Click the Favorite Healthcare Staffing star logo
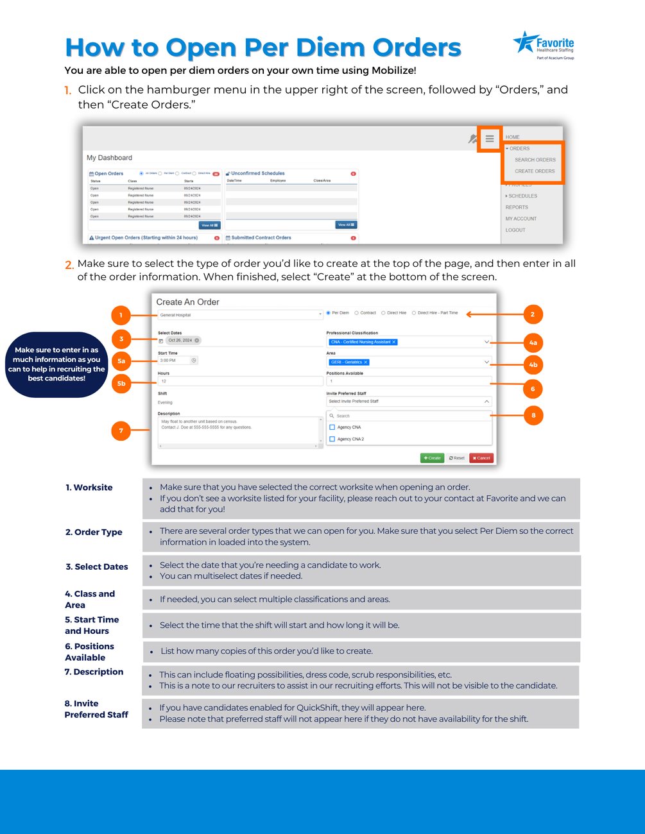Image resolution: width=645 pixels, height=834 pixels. pyautogui.click(x=525, y=43)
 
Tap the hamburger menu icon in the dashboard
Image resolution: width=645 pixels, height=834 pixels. pyautogui.click(x=489, y=139)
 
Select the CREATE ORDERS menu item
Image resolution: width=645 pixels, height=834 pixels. pyautogui.click(x=534, y=171)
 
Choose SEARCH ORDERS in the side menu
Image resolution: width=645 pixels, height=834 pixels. pyautogui.click(x=535, y=160)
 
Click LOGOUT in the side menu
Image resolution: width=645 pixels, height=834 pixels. pyautogui.click(x=515, y=230)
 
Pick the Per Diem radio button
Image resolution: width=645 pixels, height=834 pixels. pyautogui.click(x=329, y=313)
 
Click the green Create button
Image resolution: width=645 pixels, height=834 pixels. pyautogui.click(x=432, y=458)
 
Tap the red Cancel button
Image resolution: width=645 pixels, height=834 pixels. pyautogui.click(x=481, y=458)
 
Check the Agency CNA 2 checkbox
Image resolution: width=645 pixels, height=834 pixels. pyautogui.click(x=332, y=439)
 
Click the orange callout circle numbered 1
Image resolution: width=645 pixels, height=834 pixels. pyautogui.click(x=121, y=315)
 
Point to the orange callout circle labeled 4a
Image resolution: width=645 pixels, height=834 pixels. pyautogui.click(x=533, y=343)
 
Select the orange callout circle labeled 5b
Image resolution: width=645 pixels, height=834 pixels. pyautogui.click(x=121, y=384)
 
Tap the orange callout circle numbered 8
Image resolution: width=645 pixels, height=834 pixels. pyautogui.click(x=533, y=415)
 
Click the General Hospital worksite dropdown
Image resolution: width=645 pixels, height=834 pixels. pyautogui.click(x=239, y=315)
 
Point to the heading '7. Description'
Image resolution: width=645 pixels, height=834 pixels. pyautogui.click(x=94, y=672)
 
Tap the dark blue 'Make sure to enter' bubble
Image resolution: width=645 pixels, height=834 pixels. pyautogui.click(x=56, y=364)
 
